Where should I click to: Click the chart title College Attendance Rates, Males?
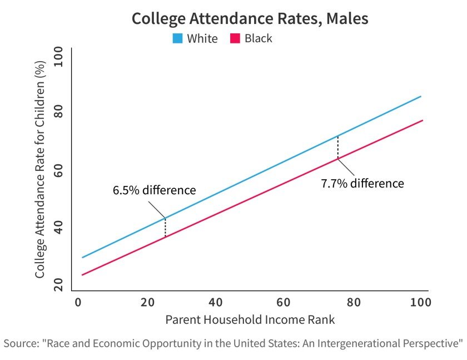250,18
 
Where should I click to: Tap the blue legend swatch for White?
178,39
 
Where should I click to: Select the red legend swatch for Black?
235,39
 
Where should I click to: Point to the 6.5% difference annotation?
154,190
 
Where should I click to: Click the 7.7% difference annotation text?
362,183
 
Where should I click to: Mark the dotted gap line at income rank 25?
165,228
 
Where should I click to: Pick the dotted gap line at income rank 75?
337,147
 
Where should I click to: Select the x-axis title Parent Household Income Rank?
250,320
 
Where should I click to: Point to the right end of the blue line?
421,96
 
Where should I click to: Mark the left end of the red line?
82,275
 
